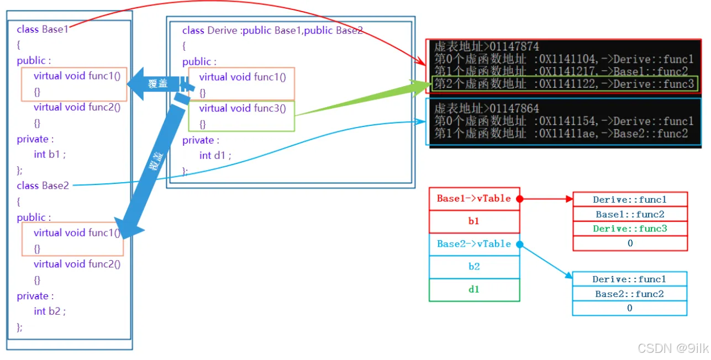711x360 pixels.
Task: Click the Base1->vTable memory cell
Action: pyautogui.click(x=474, y=199)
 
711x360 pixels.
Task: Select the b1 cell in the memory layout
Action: pyautogui.click(x=474, y=221)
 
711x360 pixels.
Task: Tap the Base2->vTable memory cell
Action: pyautogui.click(x=474, y=244)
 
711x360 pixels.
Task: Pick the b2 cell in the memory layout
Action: pyautogui.click(x=474, y=267)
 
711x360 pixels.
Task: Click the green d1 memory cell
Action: pyautogui.click(x=474, y=289)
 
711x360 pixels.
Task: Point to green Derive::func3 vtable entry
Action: pyautogui.click(x=630, y=229)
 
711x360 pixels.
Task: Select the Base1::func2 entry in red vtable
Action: pyautogui.click(x=630, y=214)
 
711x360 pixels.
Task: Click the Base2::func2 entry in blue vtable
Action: pyautogui.click(x=629, y=294)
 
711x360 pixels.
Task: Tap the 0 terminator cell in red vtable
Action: pyautogui.click(x=630, y=243)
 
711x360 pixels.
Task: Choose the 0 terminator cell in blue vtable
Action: pyautogui.click(x=629, y=308)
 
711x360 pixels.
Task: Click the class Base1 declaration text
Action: pyautogui.click(x=43, y=29)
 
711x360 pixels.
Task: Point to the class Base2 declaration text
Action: pyautogui.click(x=43, y=186)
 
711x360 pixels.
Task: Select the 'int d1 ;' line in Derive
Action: pyautogui.click(x=215, y=156)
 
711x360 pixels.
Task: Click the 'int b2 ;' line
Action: pyautogui.click(x=49, y=311)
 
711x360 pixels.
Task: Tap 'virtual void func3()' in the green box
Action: pyautogui.click(x=243, y=108)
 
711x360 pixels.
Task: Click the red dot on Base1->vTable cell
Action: pyautogui.click(x=519, y=199)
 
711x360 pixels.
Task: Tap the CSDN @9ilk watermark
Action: pyautogui.click(x=672, y=348)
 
